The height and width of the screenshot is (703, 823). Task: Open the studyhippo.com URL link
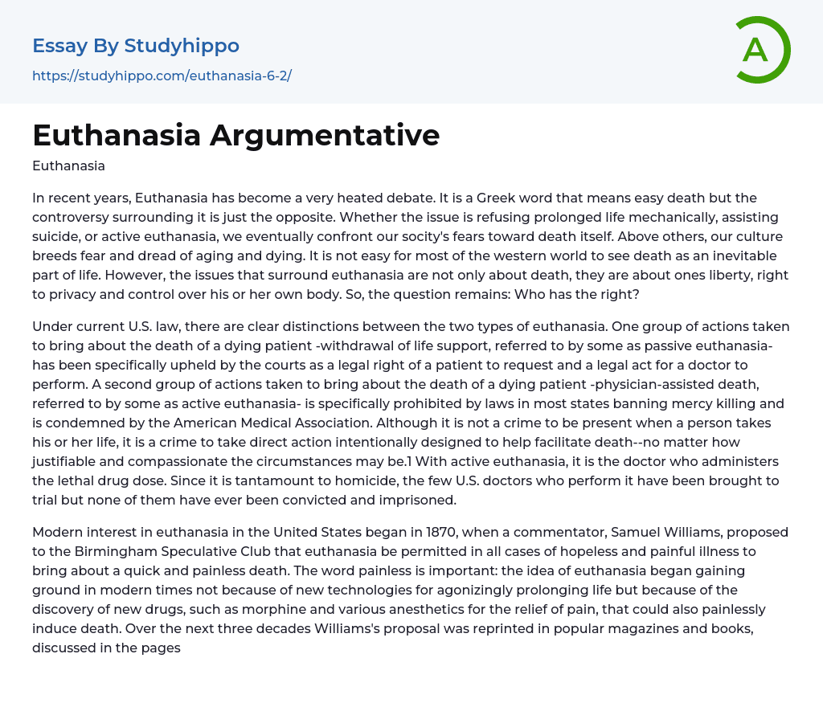(x=162, y=76)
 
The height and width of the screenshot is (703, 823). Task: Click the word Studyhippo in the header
(x=182, y=46)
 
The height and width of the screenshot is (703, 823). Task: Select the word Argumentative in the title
(x=325, y=135)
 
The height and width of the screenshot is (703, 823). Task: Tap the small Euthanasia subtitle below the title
(x=68, y=166)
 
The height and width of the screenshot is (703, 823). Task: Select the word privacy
(x=81, y=294)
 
